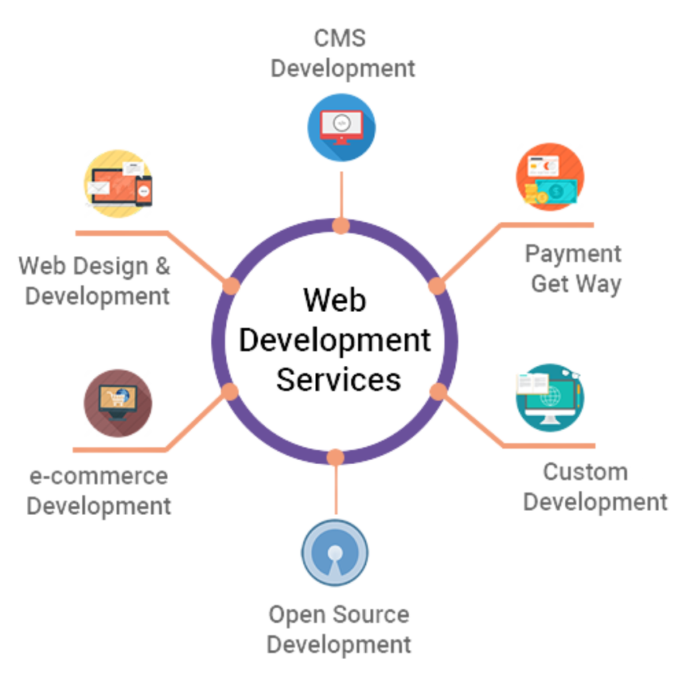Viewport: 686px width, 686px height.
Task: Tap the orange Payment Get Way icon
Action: [x=550, y=177]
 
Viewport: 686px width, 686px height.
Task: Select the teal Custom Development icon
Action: [x=550, y=397]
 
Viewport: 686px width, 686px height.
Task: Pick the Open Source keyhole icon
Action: [x=335, y=553]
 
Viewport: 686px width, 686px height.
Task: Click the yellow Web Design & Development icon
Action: [x=118, y=183]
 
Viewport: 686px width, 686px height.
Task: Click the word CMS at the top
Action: [x=340, y=38]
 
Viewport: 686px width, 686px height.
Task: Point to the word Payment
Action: [x=573, y=254]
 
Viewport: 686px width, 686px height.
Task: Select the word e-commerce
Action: [x=98, y=476]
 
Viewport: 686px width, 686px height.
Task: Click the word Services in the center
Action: [x=338, y=379]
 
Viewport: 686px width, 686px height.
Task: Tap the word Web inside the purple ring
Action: [x=335, y=301]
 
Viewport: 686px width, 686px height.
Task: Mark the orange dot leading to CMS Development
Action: [x=341, y=226]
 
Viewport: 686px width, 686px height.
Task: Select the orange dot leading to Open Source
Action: [x=336, y=458]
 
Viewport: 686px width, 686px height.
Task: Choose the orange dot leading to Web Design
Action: [x=231, y=286]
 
